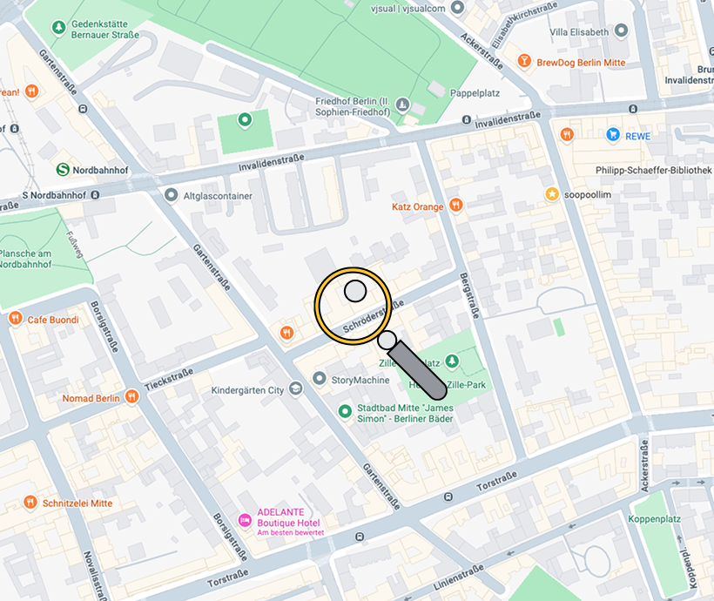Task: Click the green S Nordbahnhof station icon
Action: click(63, 170)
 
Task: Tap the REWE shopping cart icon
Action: click(613, 135)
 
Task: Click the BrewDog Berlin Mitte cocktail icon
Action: click(524, 62)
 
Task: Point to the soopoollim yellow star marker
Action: click(551, 194)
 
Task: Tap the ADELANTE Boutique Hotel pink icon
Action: click(245, 519)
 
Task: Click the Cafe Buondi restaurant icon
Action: click(15, 320)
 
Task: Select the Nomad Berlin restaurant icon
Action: click(131, 398)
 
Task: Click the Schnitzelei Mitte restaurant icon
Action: click(31, 503)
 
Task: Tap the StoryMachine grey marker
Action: click(320, 380)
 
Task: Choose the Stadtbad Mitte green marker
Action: click(345, 410)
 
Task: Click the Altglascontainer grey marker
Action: click(171, 195)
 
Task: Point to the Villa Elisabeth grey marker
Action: click(621, 31)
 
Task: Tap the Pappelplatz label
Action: click(475, 92)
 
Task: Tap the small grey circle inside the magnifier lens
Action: click(354, 291)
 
